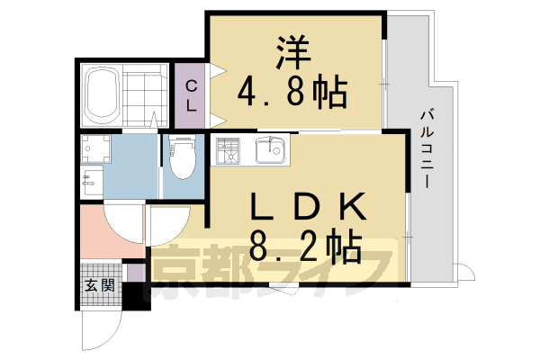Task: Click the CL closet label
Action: pyautogui.click(x=191, y=94)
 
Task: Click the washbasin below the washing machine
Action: pyautogui.click(x=89, y=182)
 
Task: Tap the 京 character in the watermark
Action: pyautogui.click(x=180, y=274)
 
